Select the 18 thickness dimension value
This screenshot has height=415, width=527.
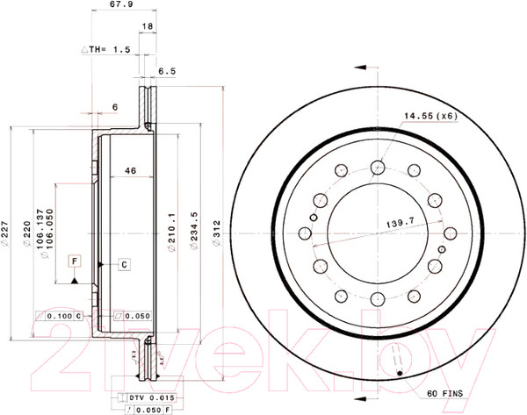point(148,27)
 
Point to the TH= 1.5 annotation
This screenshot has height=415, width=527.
point(111,50)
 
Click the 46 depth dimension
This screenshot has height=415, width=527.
point(129,170)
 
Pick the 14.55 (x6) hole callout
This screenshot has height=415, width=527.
point(431,115)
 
